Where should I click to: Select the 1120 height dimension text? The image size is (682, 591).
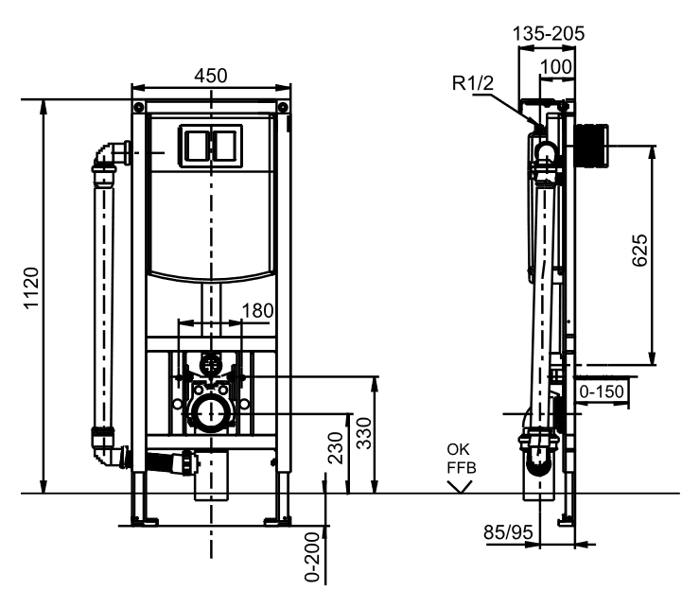(x=30, y=294)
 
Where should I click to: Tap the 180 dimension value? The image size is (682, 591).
(x=258, y=310)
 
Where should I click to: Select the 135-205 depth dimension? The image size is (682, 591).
(x=549, y=33)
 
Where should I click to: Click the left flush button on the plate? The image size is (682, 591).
(x=196, y=144)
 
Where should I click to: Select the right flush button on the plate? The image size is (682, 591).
(x=226, y=144)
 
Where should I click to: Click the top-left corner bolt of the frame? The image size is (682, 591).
(x=139, y=105)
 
